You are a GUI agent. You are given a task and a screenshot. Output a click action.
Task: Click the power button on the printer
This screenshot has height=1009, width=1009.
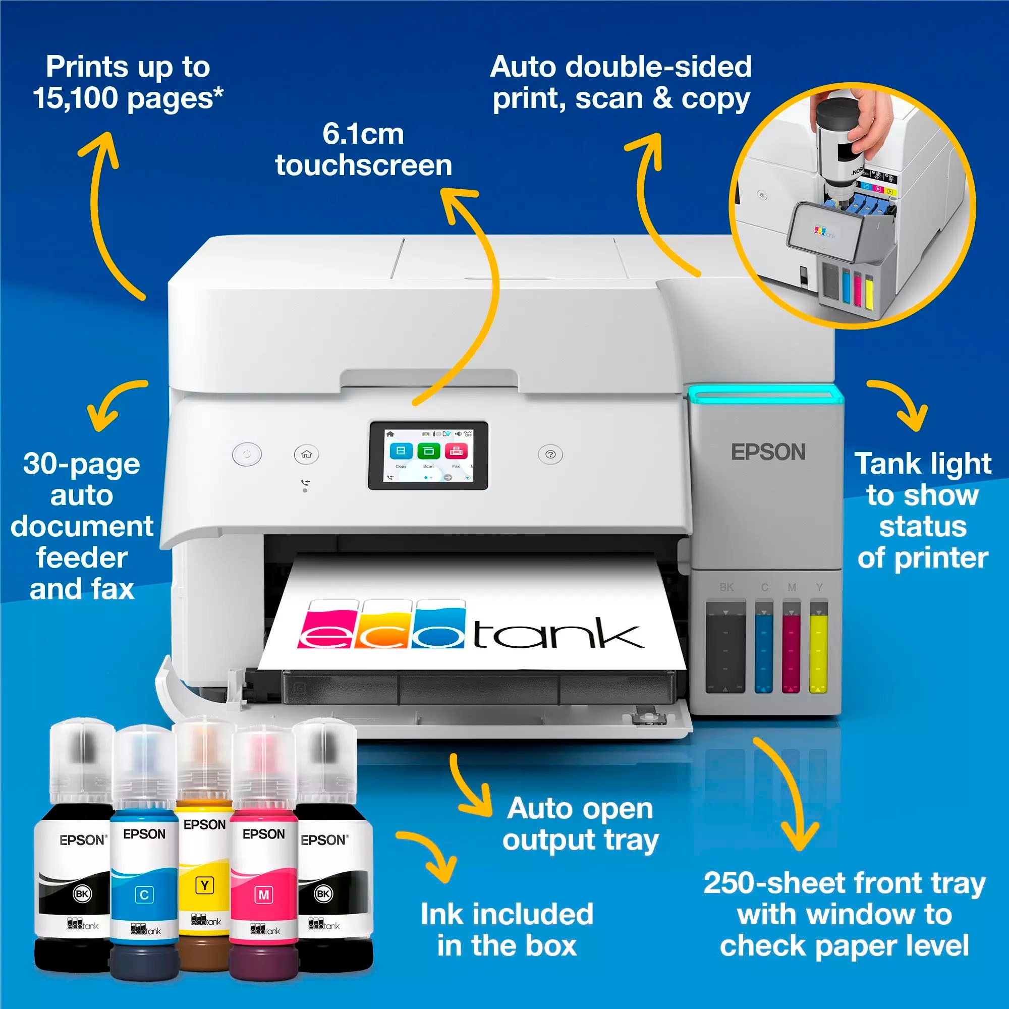[247, 454]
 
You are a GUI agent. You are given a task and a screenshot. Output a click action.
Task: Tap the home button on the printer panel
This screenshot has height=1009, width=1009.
[306, 454]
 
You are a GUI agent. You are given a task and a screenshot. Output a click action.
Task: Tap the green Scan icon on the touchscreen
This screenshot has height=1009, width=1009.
[428, 451]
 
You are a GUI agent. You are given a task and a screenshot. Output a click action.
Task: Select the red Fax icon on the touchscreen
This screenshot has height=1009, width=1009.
[456, 451]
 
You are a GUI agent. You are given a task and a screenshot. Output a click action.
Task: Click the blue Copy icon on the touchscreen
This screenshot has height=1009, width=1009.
[401, 451]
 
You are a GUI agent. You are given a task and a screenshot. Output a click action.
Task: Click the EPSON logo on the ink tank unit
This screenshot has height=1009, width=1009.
[768, 452]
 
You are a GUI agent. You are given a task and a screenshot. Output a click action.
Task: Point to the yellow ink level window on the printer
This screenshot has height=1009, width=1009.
[818, 648]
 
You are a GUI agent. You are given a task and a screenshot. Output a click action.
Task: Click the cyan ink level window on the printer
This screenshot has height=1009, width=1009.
[763, 648]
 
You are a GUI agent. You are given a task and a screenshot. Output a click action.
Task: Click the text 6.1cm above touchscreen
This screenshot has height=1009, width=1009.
[363, 134]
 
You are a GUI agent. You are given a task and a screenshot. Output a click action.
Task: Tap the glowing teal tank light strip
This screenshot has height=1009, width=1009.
[765, 395]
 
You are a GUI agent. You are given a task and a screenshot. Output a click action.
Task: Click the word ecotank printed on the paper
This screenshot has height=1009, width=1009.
[470, 627]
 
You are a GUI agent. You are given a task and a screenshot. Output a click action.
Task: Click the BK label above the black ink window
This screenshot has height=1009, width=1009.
[726, 587]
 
